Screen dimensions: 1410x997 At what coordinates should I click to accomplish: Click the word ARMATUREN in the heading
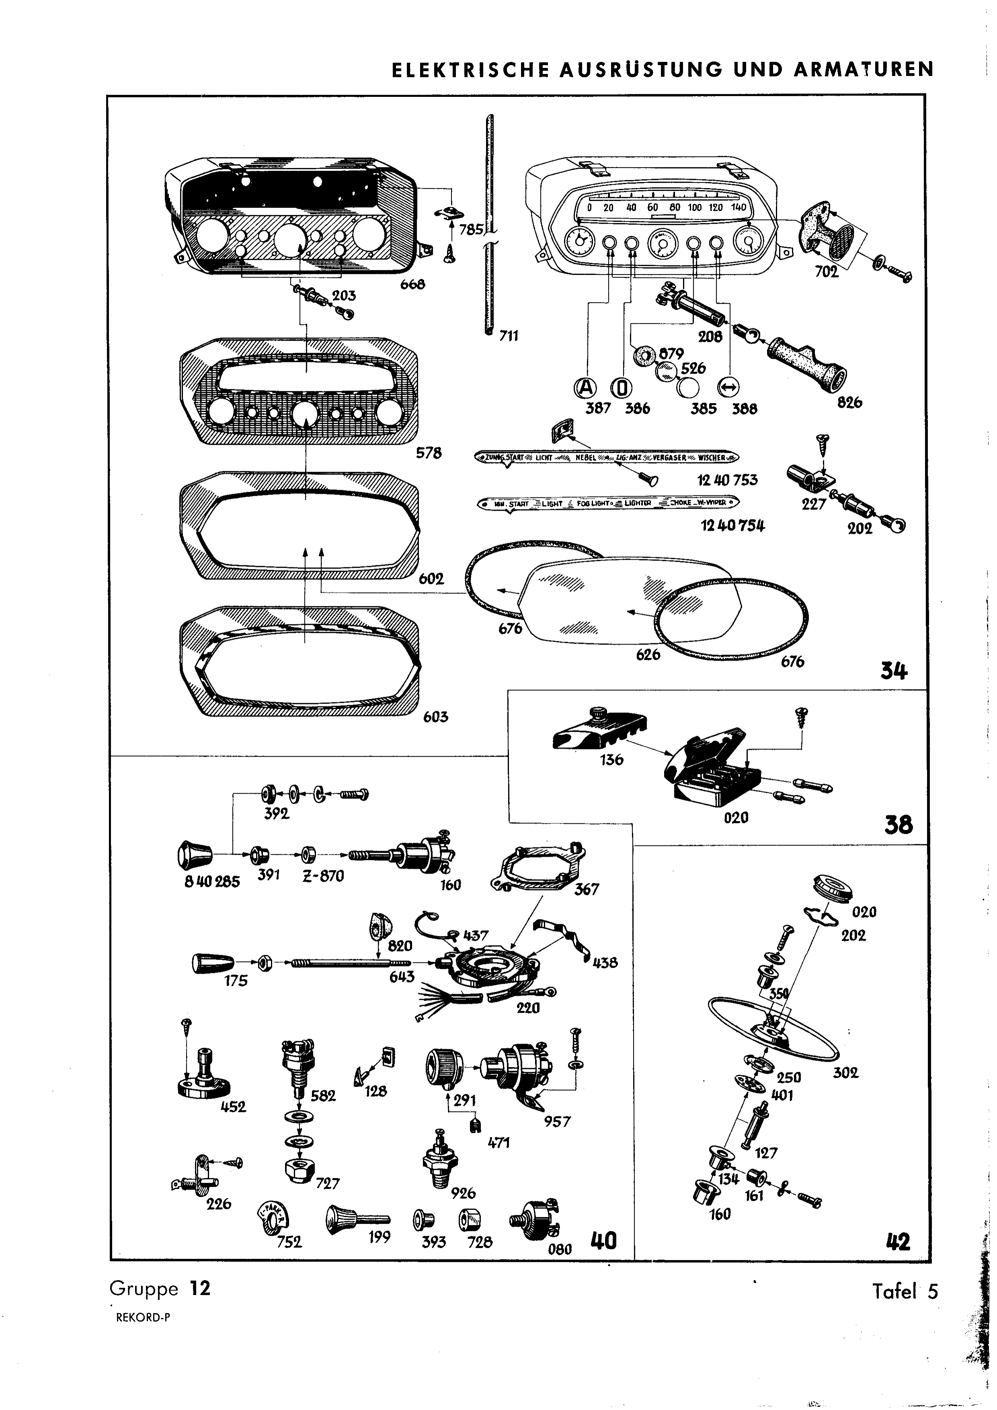coord(864,70)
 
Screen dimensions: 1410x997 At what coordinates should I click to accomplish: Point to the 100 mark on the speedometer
coord(694,208)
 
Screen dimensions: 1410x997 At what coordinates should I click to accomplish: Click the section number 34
coord(894,672)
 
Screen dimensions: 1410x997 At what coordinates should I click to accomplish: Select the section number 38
coord(898,825)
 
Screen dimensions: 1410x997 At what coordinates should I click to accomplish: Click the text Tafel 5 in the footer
coord(905,1291)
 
